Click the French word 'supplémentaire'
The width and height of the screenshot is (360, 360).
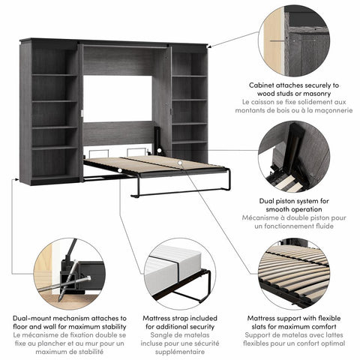179,351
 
